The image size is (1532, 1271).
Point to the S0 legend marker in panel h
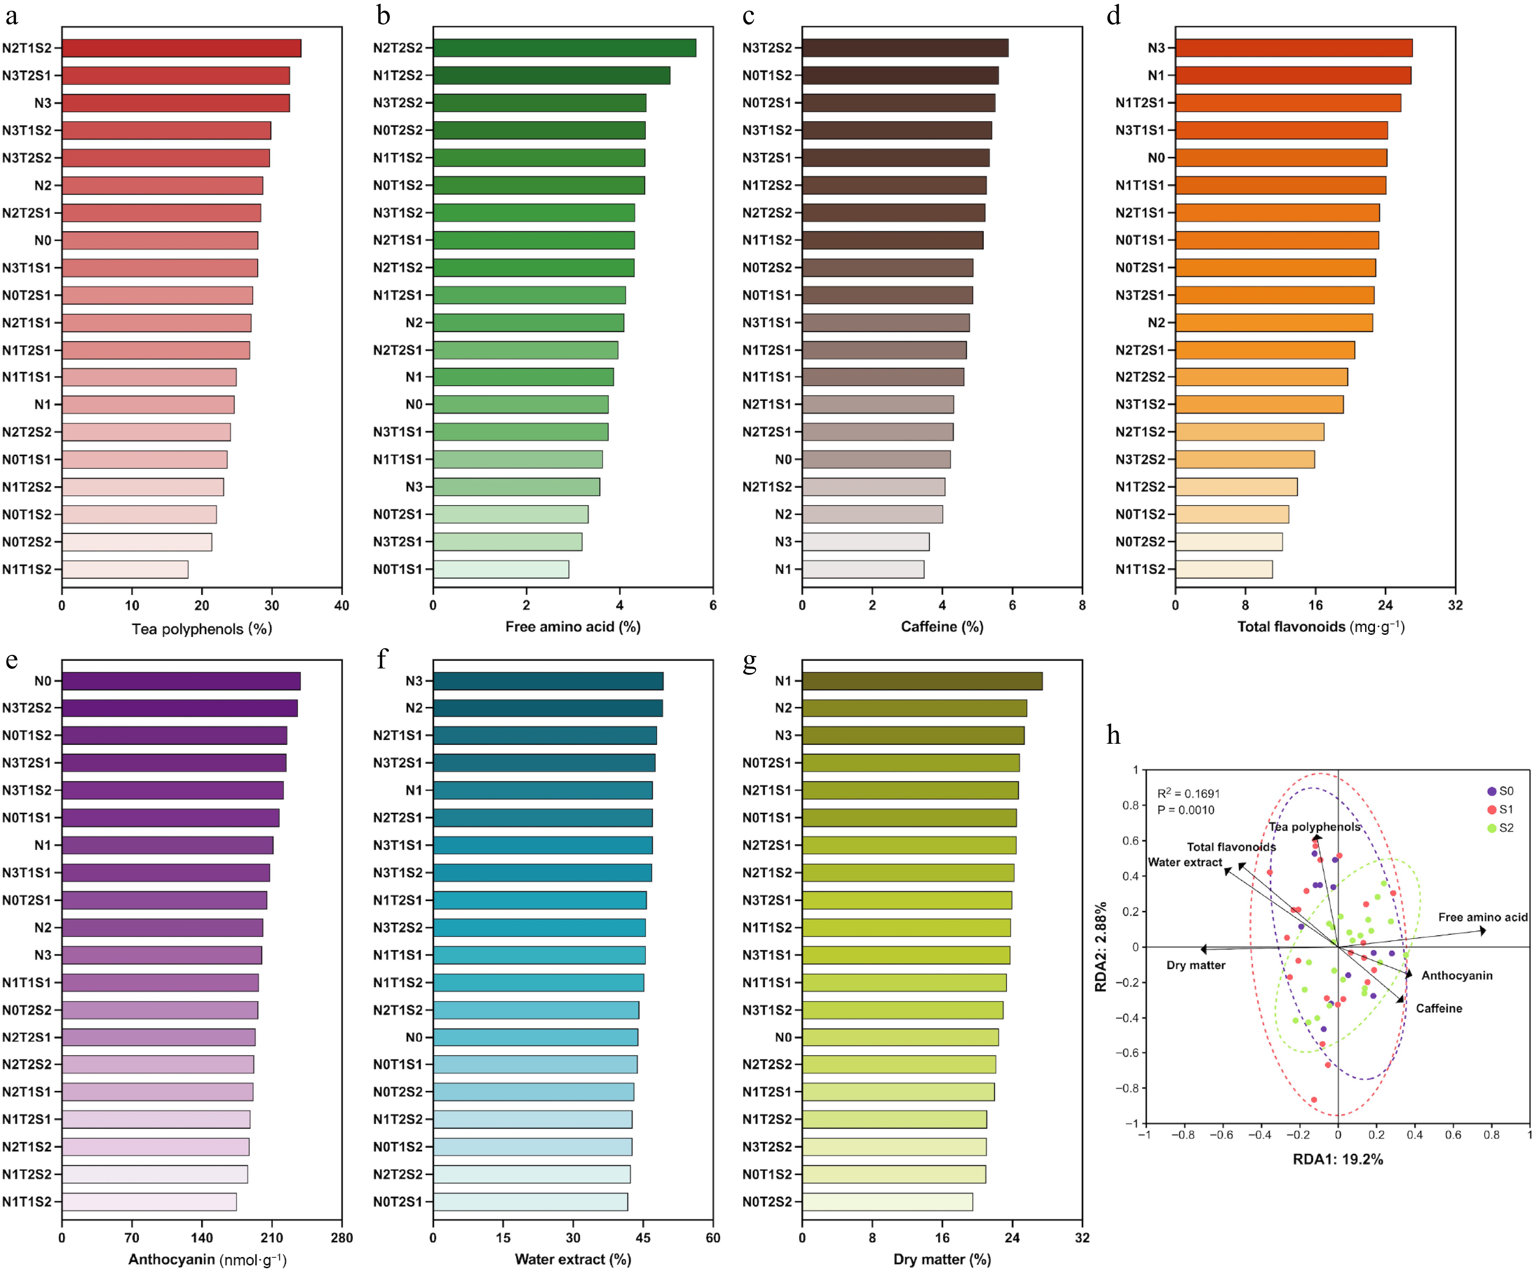pyautogui.click(x=1491, y=791)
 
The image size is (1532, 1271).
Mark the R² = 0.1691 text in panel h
pyautogui.click(x=1188, y=793)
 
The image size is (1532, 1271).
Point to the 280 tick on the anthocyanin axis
pyautogui.click(x=341, y=1237)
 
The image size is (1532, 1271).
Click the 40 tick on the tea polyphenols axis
pyautogui.click(x=341, y=605)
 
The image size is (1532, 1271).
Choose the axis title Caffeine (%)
pyautogui.click(x=942, y=626)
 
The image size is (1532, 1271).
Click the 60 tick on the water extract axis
pyautogui.click(x=713, y=1237)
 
